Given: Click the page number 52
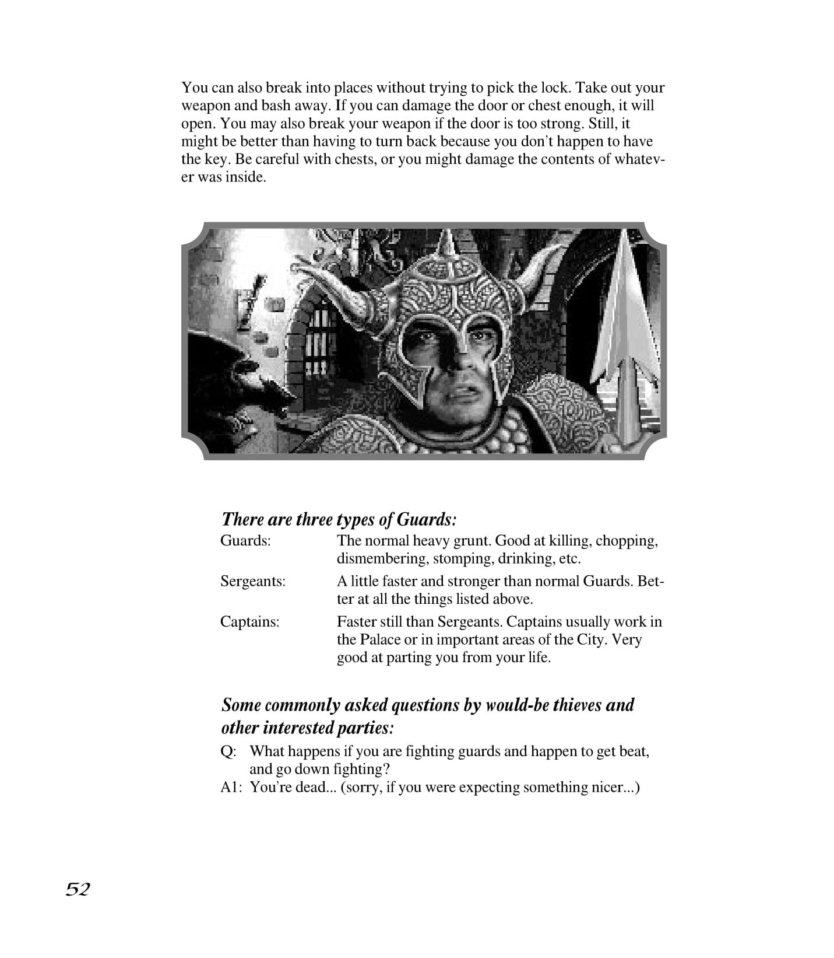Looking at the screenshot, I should coord(78,889).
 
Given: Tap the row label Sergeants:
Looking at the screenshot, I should coord(252,582).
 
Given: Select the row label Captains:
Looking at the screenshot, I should coord(249,622).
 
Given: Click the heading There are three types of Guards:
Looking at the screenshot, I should coord(339,519).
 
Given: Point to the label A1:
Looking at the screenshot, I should coord(231,788).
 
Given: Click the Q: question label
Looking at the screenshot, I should coord(228,751).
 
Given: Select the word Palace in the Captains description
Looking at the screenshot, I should coord(379,640).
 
